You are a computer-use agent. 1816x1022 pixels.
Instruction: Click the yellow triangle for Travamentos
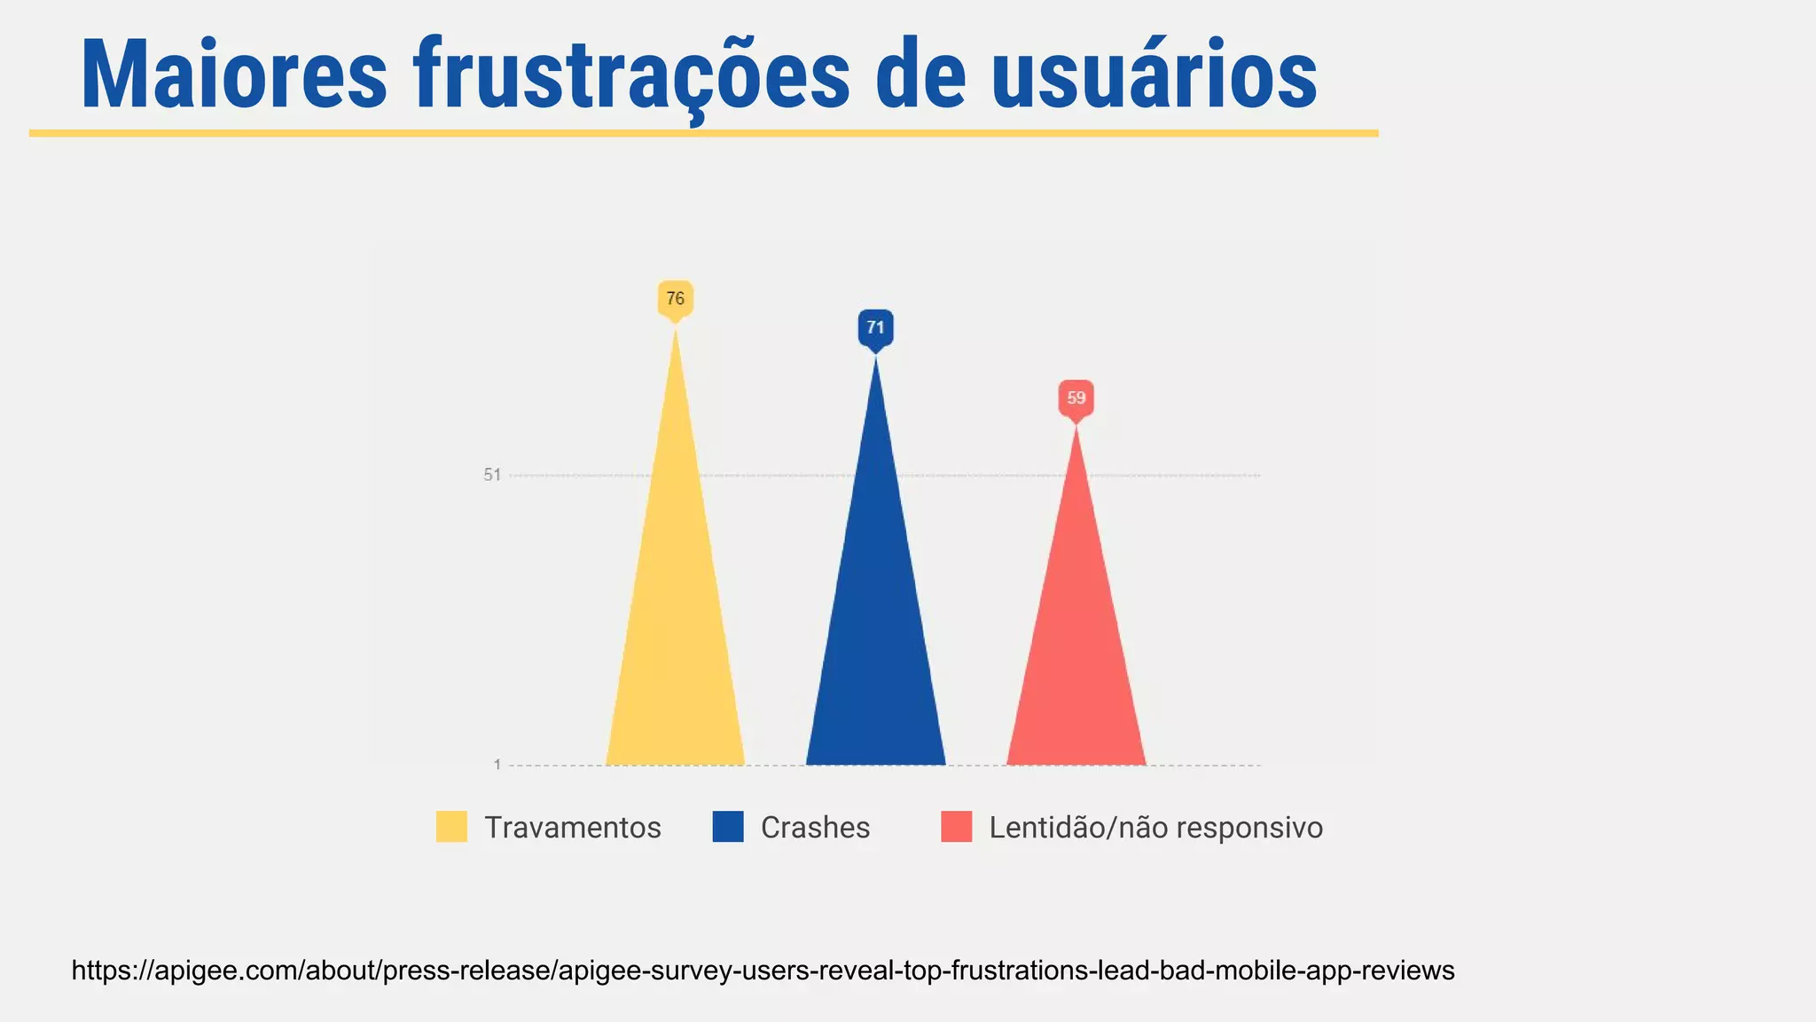tap(676, 621)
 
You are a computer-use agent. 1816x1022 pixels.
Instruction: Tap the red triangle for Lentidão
tap(1076, 656)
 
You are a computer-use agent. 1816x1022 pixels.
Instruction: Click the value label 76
tap(676, 299)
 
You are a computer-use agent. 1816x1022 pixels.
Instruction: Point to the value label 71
tap(876, 328)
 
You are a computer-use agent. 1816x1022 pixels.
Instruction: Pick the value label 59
tap(1076, 398)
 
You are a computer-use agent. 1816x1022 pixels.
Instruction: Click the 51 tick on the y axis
tap(492, 476)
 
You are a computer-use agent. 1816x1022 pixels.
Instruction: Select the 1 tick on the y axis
tap(497, 765)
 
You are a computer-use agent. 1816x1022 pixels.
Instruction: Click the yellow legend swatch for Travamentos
tap(451, 827)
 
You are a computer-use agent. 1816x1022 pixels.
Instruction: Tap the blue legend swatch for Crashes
tap(728, 827)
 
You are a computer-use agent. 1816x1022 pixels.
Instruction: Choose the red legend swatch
tap(956, 827)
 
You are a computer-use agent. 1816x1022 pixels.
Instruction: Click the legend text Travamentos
tap(573, 828)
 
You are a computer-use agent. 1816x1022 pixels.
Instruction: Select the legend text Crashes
tap(816, 828)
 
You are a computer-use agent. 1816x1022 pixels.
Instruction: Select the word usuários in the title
tap(1154, 75)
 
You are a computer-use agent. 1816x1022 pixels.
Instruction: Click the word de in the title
tap(920, 75)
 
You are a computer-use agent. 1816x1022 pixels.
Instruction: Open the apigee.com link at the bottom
tap(763, 971)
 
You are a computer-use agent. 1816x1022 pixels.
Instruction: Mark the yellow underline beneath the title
tap(703, 133)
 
